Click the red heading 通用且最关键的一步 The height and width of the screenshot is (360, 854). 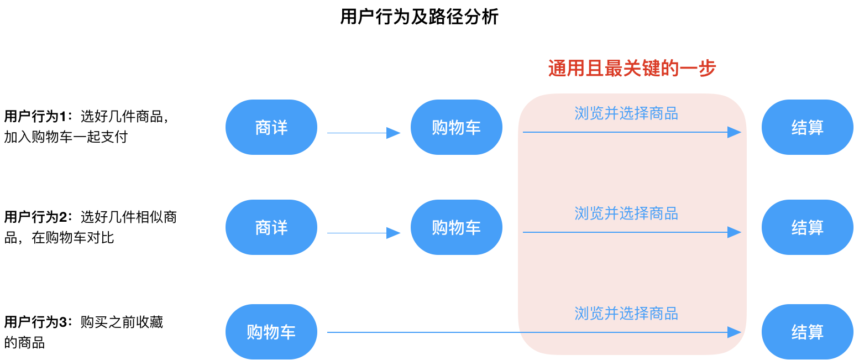pyautogui.click(x=632, y=69)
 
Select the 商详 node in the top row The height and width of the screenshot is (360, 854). pyautogui.click(x=271, y=127)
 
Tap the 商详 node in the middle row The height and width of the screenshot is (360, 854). pyautogui.click(x=271, y=227)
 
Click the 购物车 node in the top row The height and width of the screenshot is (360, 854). pyautogui.click(x=457, y=127)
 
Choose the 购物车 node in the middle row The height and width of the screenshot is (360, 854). pyautogui.click(x=457, y=227)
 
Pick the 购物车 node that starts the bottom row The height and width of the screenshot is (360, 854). pyautogui.click(x=271, y=332)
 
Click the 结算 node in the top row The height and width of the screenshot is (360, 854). pyautogui.click(x=808, y=127)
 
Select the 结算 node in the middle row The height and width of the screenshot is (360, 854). pyautogui.click(x=808, y=227)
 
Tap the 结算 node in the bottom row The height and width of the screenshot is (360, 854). pyautogui.click(x=808, y=332)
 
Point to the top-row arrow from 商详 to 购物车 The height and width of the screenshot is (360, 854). pyautogui.click(x=359, y=133)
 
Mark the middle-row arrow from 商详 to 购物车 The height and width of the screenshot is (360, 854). pyautogui.click(x=359, y=233)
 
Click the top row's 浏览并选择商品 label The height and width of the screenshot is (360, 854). pyautogui.click(x=626, y=113)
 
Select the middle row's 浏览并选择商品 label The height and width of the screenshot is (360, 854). pyautogui.click(x=626, y=213)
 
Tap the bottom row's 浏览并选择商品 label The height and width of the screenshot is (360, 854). pyautogui.click(x=626, y=314)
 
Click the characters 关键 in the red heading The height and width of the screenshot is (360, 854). pyautogui.click(x=641, y=69)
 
